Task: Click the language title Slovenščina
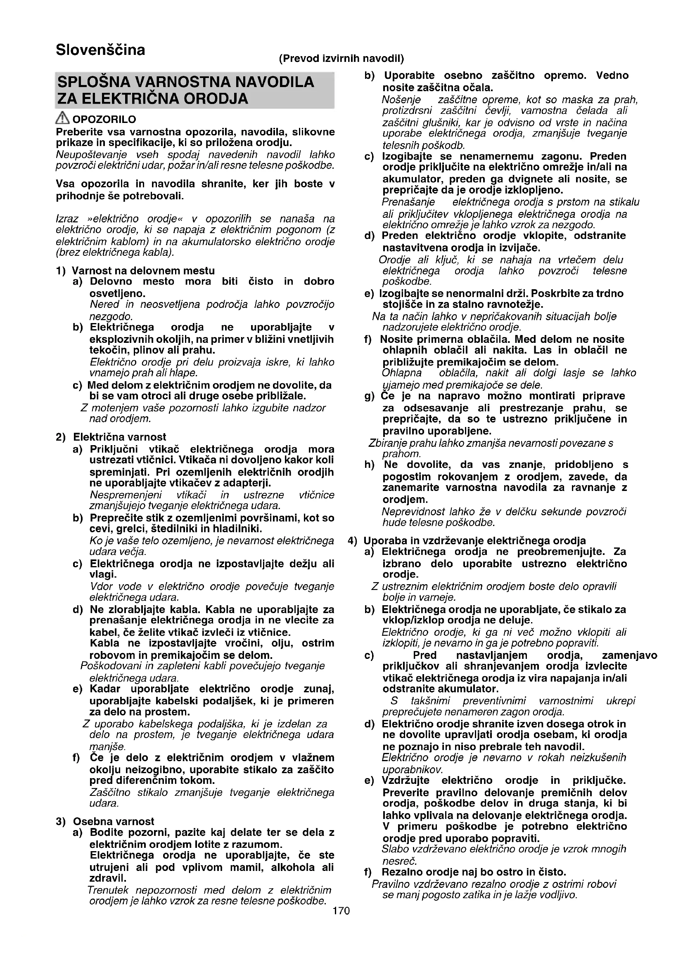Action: [100, 50]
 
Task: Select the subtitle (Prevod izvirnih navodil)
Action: [341, 58]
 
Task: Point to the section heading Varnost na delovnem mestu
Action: [143, 271]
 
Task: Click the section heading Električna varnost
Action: [120, 437]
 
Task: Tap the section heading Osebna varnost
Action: [114, 821]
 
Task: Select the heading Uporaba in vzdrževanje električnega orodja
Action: [474, 540]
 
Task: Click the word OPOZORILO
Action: [104, 119]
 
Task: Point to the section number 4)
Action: [352, 540]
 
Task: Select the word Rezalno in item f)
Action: [401, 872]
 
